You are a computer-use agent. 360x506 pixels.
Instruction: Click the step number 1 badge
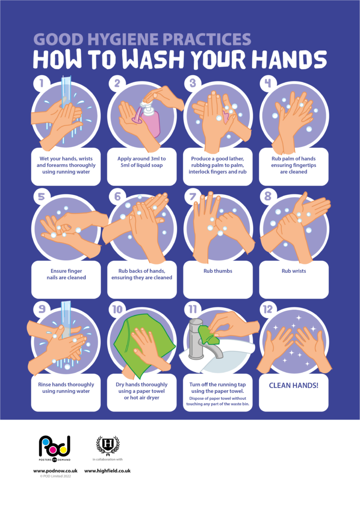click(42, 83)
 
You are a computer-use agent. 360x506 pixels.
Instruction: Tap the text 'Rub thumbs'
click(218, 271)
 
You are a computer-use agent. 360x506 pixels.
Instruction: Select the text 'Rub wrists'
click(293, 271)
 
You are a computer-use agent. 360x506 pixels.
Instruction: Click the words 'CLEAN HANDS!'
click(293, 384)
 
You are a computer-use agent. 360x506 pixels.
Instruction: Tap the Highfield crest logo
click(107, 445)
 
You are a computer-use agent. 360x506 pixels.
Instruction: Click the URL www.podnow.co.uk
click(55, 471)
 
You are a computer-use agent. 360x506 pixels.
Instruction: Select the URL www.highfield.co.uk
click(107, 471)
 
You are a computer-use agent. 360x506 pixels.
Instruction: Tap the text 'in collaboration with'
click(107, 460)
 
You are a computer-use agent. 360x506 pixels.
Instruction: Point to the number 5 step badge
click(42, 196)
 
